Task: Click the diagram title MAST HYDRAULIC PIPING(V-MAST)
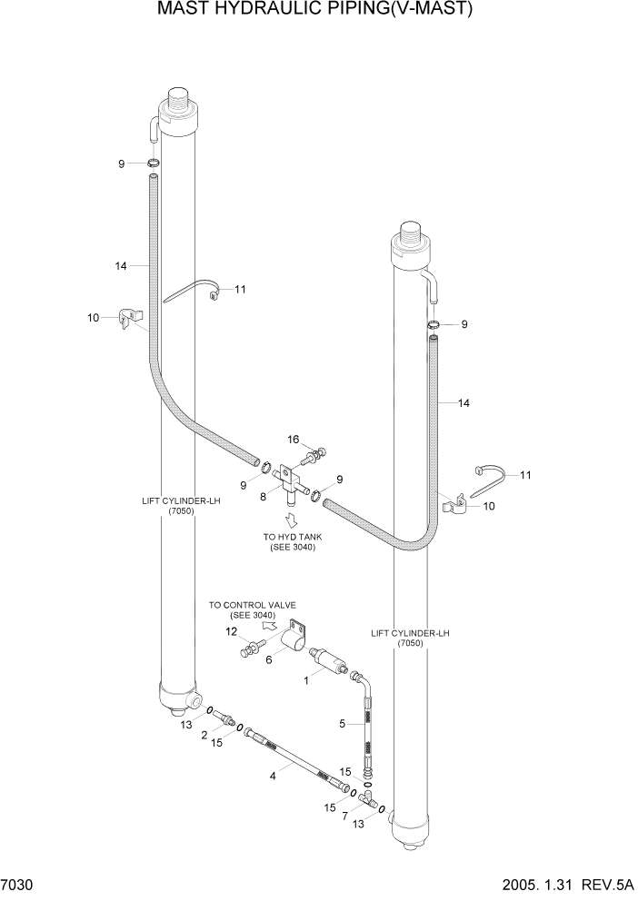[x=315, y=10]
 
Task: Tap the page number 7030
[x=19, y=886]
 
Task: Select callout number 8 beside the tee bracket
[x=264, y=497]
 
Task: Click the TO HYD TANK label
[x=292, y=542]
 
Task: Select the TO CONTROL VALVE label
[x=253, y=609]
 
